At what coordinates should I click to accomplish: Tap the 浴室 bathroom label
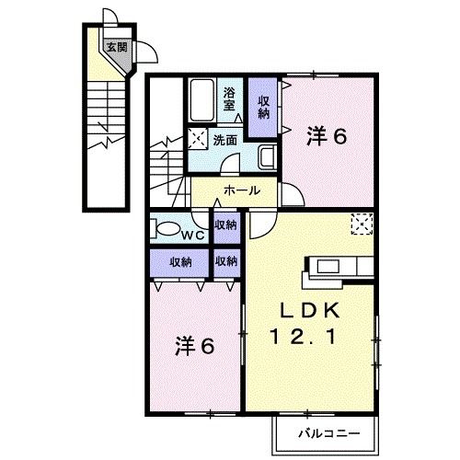(x=231, y=98)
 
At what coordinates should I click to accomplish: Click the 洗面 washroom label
(x=225, y=141)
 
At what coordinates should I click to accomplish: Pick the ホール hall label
(x=241, y=191)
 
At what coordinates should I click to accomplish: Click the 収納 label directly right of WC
(x=225, y=225)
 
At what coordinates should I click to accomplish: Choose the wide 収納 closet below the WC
(x=180, y=261)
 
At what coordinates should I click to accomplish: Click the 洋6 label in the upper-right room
(x=325, y=136)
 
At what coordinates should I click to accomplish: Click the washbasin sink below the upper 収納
(x=266, y=157)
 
